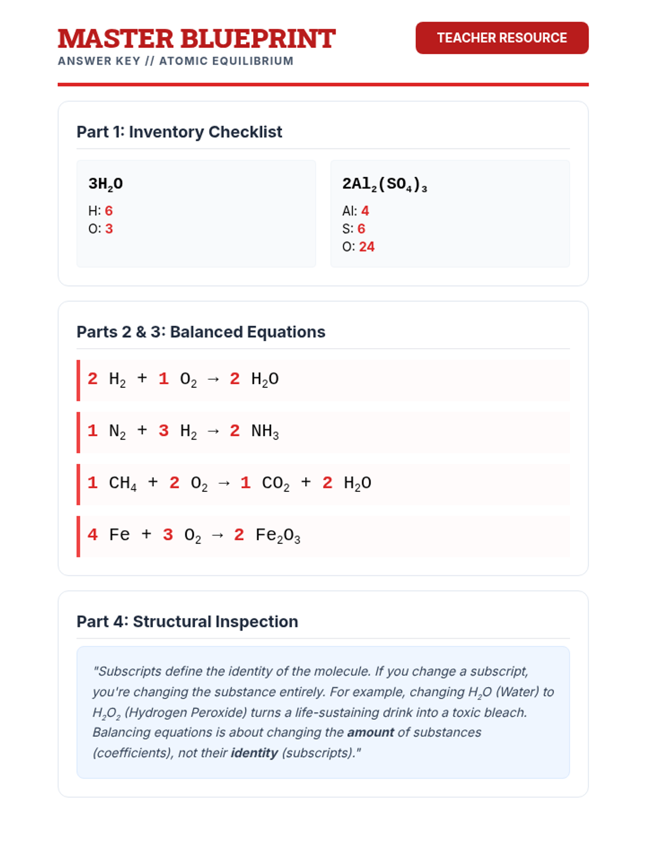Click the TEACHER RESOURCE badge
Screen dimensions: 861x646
click(502, 38)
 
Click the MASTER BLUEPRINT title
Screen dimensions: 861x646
click(196, 39)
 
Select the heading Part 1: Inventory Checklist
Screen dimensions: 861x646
click(179, 132)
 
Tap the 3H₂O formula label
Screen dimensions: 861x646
click(106, 184)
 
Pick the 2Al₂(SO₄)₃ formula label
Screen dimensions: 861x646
click(384, 184)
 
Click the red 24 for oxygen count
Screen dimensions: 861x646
click(367, 246)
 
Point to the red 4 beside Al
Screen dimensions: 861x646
click(365, 210)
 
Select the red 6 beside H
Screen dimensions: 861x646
click(109, 210)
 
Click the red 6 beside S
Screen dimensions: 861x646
click(361, 229)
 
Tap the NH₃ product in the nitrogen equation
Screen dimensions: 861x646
click(265, 431)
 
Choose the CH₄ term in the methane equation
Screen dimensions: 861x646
click(123, 483)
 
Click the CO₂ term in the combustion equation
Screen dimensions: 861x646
click(276, 483)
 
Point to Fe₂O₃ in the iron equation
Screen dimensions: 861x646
click(278, 535)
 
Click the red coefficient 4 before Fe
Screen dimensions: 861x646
click(93, 534)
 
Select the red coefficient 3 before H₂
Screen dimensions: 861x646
click(164, 430)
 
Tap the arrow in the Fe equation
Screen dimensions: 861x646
click(217, 535)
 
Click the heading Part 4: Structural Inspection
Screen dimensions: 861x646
click(187, 622)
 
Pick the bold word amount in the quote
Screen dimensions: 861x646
click(370, 732)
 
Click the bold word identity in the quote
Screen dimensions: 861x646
click(254, 753)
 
